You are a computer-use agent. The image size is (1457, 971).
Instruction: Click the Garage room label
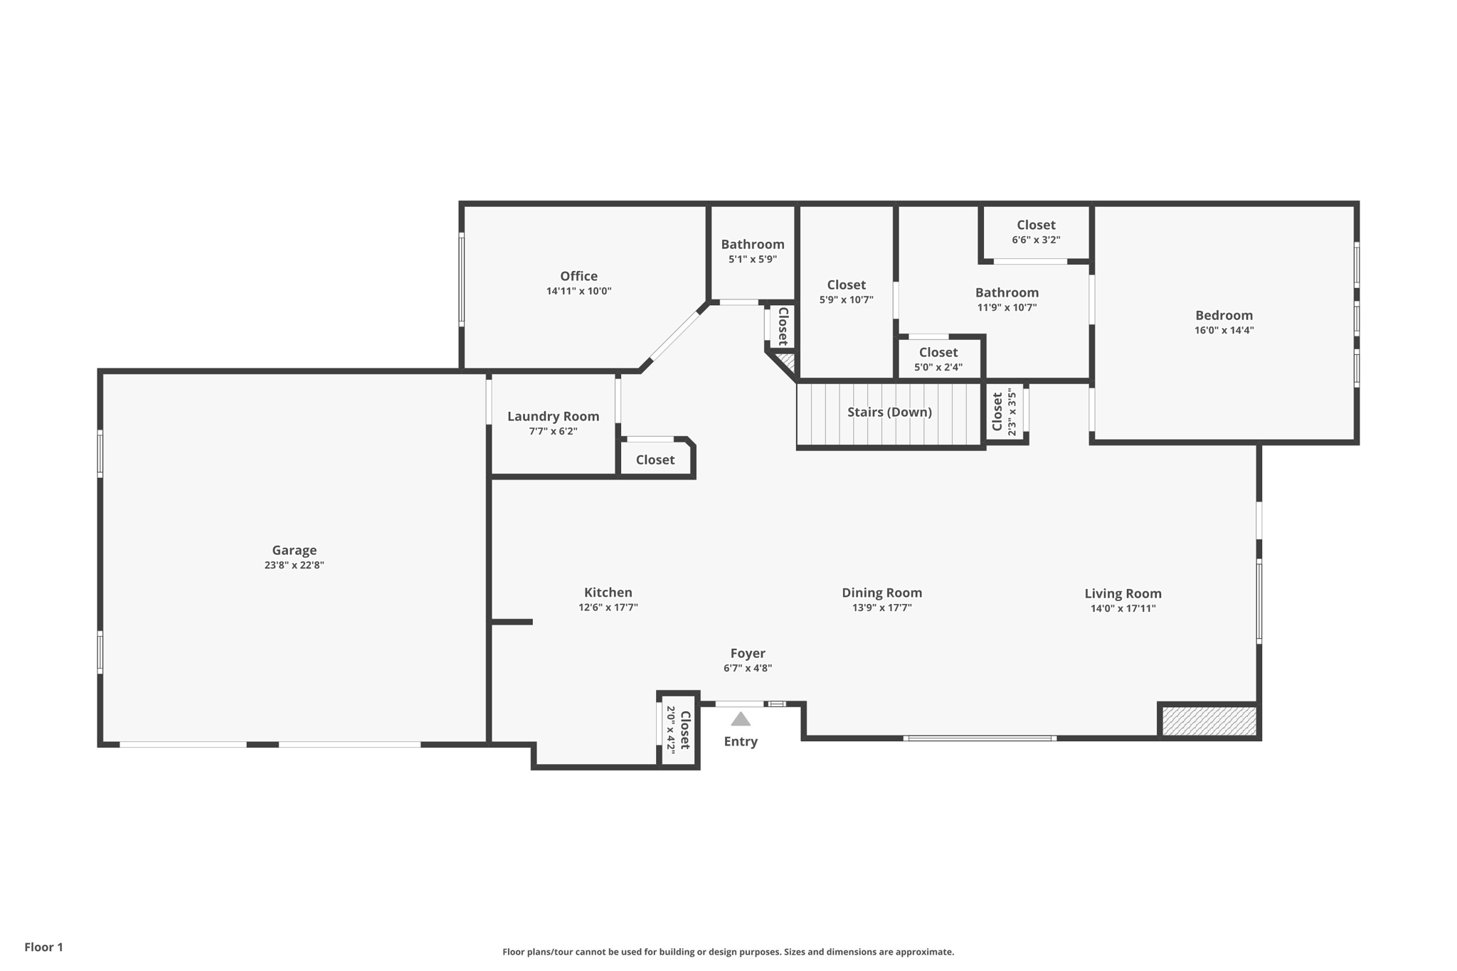point(294,550)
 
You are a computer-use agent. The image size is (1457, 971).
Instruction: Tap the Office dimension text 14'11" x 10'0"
point(578,291)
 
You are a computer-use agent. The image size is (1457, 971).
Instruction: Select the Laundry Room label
point(553,416)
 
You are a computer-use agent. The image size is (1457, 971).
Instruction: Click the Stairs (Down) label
point(889,412)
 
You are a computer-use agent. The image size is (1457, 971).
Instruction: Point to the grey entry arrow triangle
point(741,719)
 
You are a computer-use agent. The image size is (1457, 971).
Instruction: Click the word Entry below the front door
point(741,741)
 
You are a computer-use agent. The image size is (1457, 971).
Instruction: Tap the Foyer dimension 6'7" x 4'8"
point(748,668)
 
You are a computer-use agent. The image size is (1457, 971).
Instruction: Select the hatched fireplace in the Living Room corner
point(1209,721)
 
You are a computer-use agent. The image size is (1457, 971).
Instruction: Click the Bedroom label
point(1224,315)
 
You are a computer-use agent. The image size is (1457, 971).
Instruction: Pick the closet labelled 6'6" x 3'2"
point(1036,232)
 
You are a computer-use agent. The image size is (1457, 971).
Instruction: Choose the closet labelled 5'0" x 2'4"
point(938,359)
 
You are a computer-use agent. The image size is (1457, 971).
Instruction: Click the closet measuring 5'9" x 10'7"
point(846,292)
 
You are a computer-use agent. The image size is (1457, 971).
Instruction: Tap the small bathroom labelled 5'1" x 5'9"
point(753,251)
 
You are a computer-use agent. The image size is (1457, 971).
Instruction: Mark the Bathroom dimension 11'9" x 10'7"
point(1007,307)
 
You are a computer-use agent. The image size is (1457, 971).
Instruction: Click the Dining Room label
point(881,593)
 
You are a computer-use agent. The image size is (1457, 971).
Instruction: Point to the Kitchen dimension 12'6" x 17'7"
point(608,607)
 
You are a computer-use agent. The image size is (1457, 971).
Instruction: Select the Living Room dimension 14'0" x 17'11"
point(1123,608)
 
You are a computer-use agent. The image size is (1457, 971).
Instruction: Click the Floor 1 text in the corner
point(43,947)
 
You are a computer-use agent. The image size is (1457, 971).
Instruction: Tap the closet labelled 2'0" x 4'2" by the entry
point(678,730)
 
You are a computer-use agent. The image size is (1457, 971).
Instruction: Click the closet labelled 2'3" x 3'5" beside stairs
point(1004,412)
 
